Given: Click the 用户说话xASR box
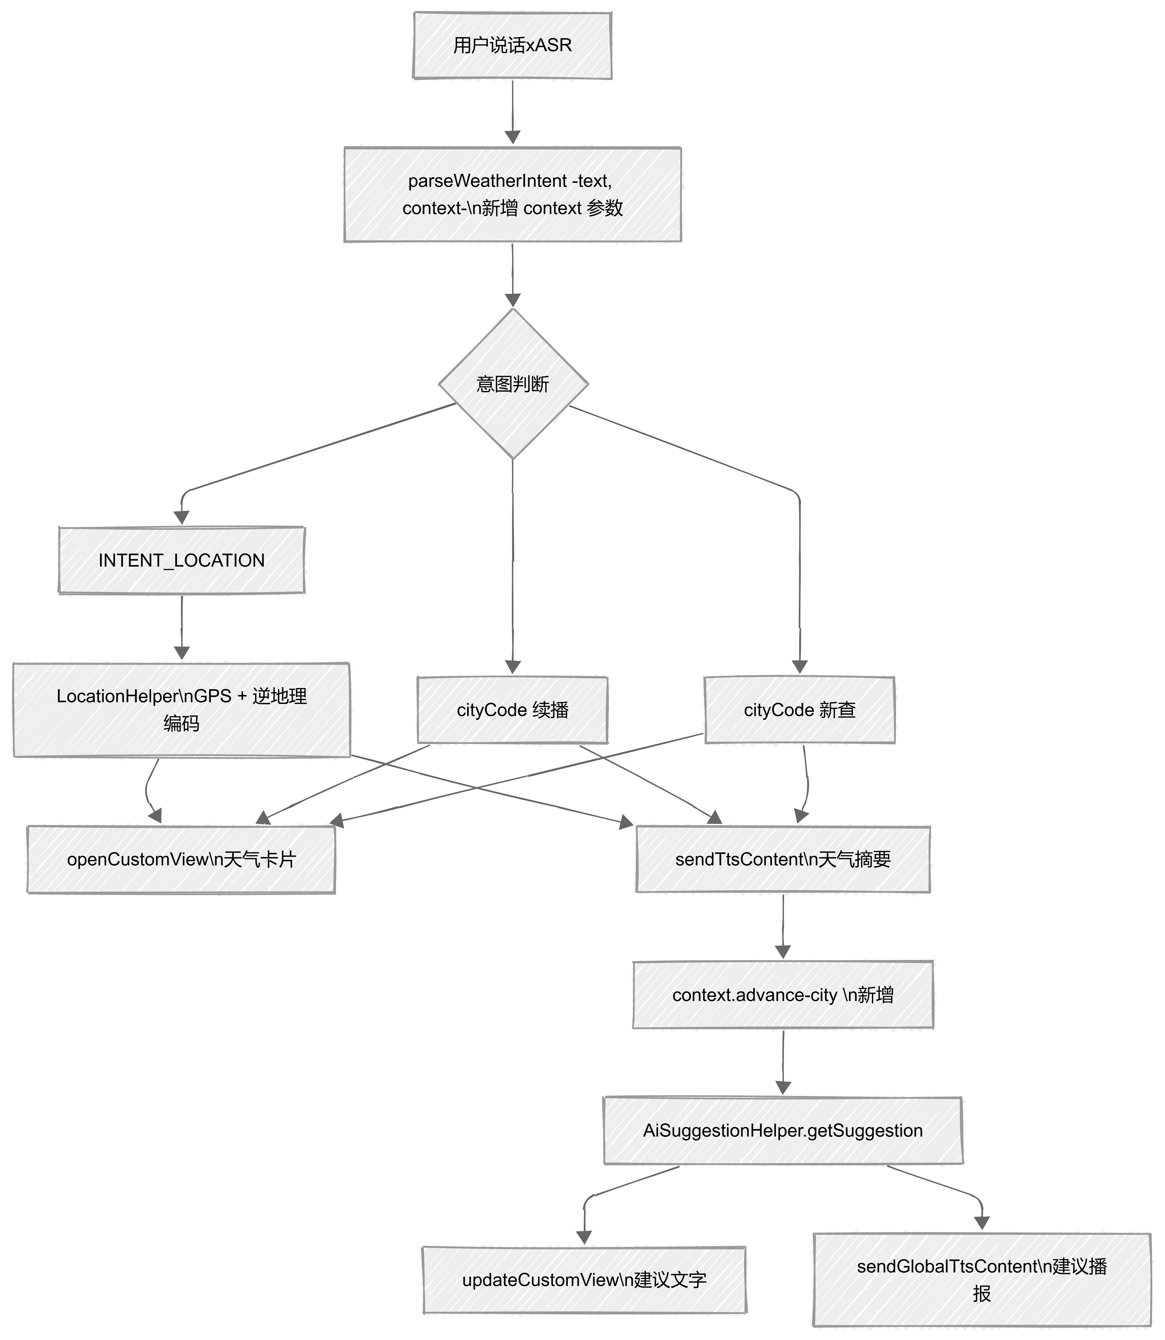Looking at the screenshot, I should pos(512,45).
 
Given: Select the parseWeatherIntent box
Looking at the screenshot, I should pos(512,194).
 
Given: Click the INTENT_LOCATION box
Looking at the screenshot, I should pos(181,560).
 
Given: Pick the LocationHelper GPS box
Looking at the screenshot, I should pos(181,710).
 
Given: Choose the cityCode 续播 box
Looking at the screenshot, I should pos(512,710).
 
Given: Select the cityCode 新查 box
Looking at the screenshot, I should pos(800,710).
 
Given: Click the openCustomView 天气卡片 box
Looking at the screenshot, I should pos(181,860).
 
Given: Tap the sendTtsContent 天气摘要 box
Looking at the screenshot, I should pos(783,860).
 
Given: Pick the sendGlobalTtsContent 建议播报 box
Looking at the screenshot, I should pos(982,1279).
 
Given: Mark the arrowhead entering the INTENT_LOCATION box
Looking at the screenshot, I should pos(181,518).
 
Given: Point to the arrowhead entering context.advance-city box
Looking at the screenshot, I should pos(783,952).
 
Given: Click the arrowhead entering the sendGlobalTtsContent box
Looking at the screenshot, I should pos(982,1223).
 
